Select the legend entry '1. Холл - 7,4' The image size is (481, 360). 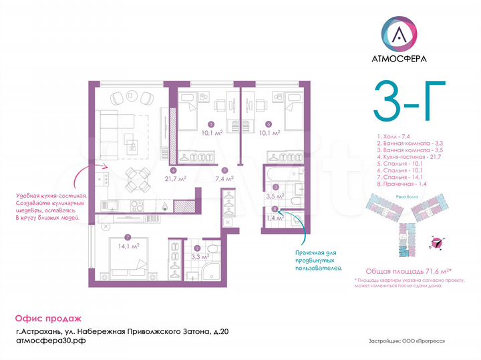click(394, 136)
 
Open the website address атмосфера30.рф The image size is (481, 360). click(51, 340)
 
